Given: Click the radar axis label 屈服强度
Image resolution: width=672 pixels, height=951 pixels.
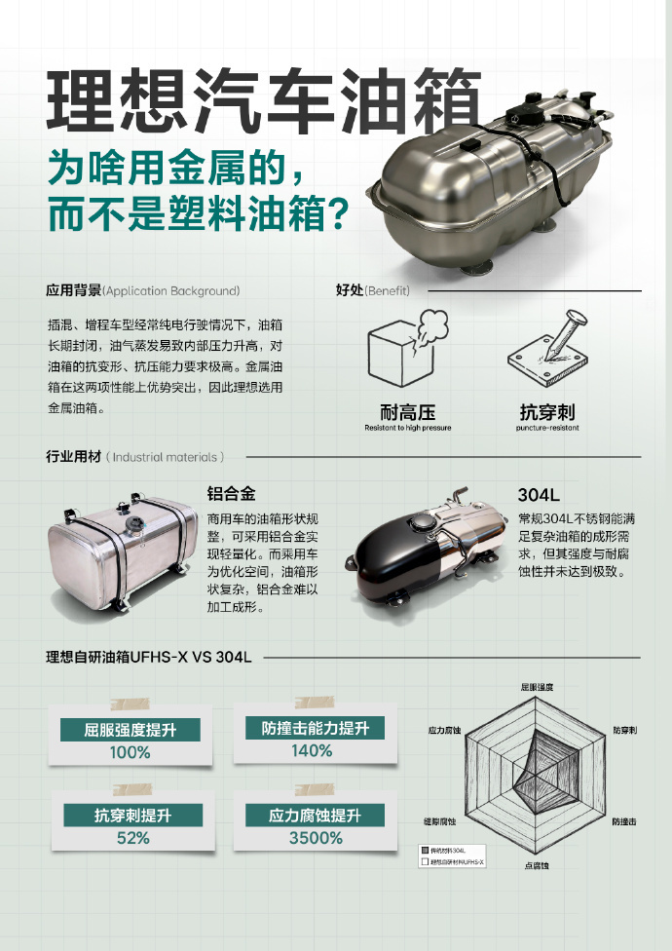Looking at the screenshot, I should point(537,688).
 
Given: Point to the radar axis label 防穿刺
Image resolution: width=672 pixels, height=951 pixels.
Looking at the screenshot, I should point(624,730).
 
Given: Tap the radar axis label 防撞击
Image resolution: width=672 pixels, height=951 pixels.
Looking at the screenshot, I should point(624,823).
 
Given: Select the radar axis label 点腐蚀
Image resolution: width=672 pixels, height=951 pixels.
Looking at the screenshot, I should point(537,865).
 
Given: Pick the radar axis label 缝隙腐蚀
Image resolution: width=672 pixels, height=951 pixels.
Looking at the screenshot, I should point(440,823).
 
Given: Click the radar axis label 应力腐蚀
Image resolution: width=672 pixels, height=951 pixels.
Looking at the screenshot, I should point(444,730).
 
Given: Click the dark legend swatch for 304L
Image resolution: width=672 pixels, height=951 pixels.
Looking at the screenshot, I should point(424,852).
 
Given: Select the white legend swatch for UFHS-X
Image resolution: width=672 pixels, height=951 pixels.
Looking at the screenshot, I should point(424,862).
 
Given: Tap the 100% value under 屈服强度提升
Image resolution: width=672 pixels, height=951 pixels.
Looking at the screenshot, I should point(130,753).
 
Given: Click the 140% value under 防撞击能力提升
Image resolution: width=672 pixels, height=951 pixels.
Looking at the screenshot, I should point(312,751).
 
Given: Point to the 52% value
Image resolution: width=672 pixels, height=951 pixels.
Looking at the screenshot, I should point(132,839).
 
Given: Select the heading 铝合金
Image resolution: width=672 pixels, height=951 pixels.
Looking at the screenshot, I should point(232,493).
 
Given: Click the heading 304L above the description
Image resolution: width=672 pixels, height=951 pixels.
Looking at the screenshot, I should point(539,493).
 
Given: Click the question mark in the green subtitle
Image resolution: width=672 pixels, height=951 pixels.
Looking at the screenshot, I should point(336,213).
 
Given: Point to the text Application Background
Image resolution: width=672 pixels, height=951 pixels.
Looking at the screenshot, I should point(171,290).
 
